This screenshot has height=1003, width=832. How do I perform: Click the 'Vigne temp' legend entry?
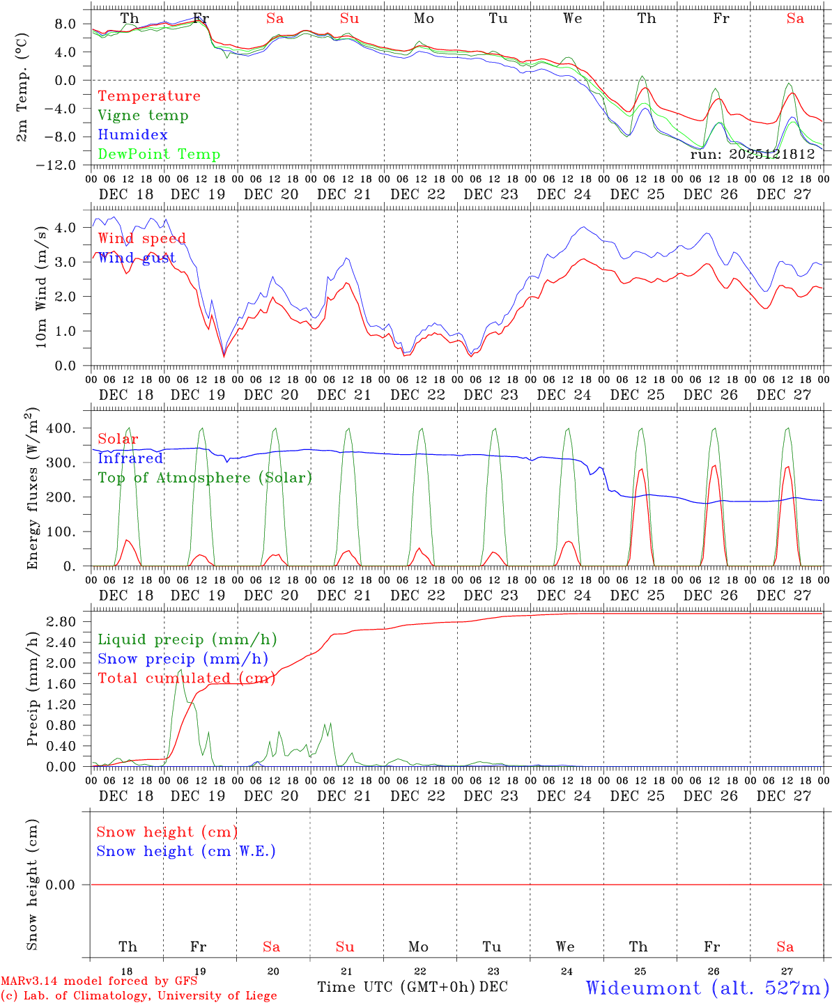[143, 116]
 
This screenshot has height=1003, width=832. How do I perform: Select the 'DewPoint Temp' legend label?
[159, 155]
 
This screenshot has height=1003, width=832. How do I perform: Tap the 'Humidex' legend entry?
[132, 135]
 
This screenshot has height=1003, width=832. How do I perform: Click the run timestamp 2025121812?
[753, 155]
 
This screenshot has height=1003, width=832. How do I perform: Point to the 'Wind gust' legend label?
[137, 258]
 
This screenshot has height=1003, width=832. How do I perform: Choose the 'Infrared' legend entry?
[130, 458]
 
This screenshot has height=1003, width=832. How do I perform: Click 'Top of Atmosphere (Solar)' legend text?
[205, 478]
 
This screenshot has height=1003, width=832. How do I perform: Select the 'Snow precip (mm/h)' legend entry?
[183, 659]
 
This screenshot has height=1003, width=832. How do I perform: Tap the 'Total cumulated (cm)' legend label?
[186, 678]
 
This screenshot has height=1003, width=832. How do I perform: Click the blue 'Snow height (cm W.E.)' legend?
[186, 851]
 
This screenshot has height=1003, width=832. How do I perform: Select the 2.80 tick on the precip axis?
[61, 621]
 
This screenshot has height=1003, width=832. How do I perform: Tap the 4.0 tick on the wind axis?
[65, 228]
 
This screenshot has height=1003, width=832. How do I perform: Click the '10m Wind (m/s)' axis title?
[42, 286]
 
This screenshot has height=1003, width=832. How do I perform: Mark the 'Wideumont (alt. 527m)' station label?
[707, 988]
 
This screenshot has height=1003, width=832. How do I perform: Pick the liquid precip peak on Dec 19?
[180, 670]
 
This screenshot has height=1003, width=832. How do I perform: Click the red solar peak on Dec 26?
[714, 465]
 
